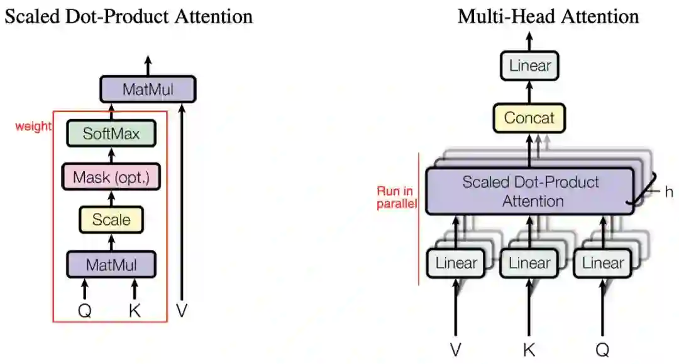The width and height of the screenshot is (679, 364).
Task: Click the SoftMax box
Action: tap(111, 134)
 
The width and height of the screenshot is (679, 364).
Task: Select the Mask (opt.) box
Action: tap(111, 177)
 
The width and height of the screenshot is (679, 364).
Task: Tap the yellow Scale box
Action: tap(111, 220)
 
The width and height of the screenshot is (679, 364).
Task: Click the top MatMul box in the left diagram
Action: tap(148, 89)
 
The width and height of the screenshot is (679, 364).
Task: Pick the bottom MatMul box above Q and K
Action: tap(111, 264)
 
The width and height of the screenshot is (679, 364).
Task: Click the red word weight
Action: tap(33, 127)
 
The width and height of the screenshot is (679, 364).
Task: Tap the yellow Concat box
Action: tap(530, 118)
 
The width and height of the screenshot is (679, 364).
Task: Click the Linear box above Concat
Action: tap(530, 65)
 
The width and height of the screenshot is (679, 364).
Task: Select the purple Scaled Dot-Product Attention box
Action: tap(530, 191)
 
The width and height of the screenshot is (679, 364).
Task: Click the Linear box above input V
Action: tap(456, 263)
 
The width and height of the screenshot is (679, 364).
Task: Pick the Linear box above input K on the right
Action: tap(529, 263)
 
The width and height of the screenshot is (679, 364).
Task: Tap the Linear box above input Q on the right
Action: tap(602, 263)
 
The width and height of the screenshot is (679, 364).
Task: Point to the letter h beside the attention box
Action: tap(668, 191)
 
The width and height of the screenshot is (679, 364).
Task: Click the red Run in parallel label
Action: tap(395, 198)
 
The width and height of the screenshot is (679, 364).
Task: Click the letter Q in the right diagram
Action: tap(602, 349)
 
